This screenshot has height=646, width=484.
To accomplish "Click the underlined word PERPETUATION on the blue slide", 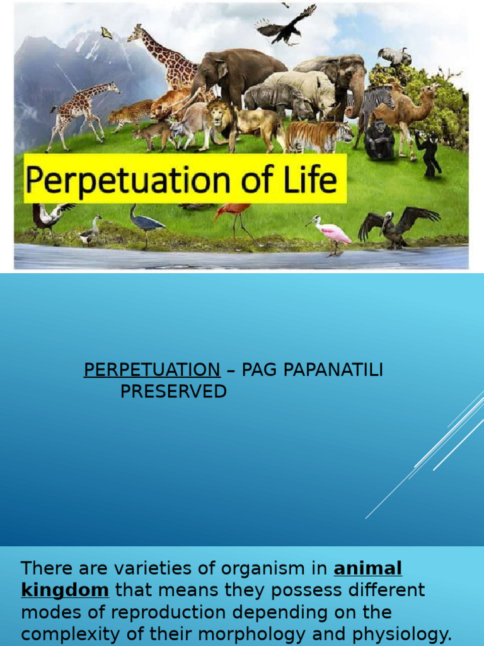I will click(x=152, y=370).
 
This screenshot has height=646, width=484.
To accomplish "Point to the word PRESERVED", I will click(x=173, y=391).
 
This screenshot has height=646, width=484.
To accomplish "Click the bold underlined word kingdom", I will click(x=65, y=590).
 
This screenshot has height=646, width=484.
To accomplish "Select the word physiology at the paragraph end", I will click(x=400, y=634).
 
